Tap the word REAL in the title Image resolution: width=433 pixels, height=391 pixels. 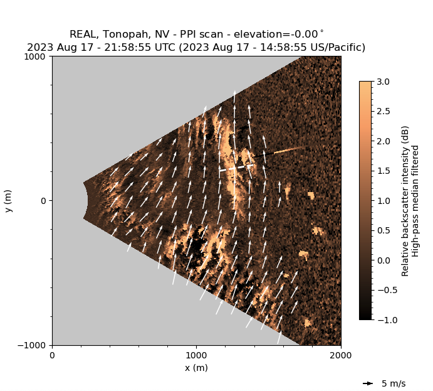[87, 34]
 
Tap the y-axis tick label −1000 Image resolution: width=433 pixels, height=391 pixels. [32, 345]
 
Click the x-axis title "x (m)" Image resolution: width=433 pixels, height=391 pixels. [196, 368]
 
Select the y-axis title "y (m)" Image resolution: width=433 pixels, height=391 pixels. [9, 201]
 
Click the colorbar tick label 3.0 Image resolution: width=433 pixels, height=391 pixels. [384, 82]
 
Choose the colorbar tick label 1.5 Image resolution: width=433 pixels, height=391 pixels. [384, 171]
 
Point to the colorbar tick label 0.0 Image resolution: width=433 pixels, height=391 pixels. [384, 260]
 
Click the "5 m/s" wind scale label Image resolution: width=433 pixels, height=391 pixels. [394, 383]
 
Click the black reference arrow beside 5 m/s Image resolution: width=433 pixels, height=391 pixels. [368, 383]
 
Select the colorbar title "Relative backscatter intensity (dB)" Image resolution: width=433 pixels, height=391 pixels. [406, 201]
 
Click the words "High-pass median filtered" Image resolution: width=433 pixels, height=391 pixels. [417, 201]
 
